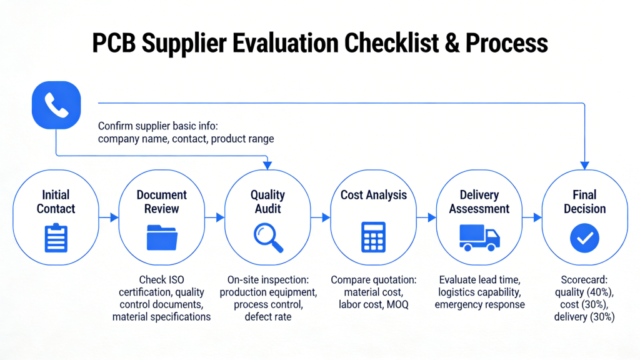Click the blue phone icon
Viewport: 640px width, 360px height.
[56, 106]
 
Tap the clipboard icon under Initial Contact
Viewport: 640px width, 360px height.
[56, 237]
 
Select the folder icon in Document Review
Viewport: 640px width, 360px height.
[162, 237]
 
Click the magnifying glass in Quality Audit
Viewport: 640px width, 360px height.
[268, 238]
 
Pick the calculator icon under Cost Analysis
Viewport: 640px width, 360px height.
[374, 237]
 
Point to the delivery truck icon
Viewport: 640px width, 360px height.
[479, 237]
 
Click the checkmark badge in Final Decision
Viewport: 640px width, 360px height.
[585, 237]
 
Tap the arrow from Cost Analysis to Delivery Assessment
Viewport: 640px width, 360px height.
[427, 217]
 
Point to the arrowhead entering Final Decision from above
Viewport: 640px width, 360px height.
[585, 165]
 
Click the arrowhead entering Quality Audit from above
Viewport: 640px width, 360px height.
[267, 165]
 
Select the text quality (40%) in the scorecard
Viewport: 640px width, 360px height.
[584, 292]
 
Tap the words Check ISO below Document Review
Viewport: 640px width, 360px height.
[162, 279]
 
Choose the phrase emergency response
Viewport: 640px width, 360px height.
[479, 304]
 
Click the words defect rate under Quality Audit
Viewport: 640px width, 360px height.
[268, 317]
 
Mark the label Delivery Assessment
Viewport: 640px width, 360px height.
[479, 202]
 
